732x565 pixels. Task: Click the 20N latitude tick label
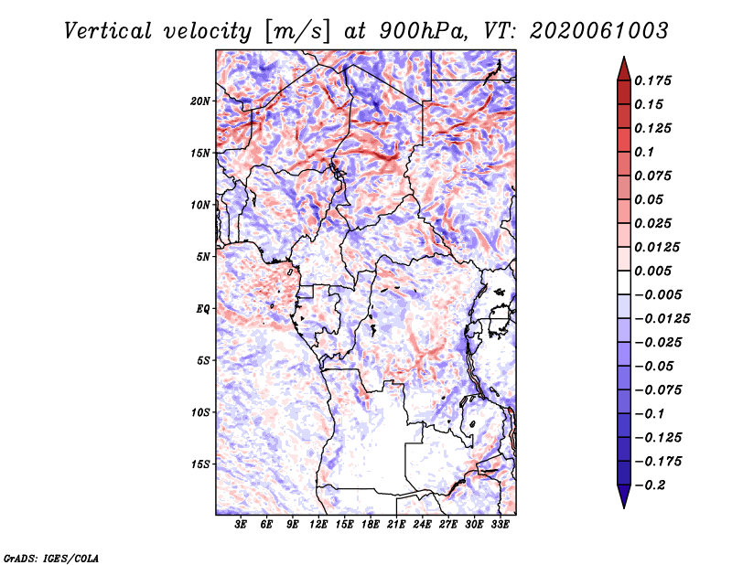point(200,101)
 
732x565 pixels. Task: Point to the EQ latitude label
point(203,309)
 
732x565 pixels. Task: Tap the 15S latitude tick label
point(200,464)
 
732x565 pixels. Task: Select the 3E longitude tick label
point(241,524)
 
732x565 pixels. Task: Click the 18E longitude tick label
point(370,524)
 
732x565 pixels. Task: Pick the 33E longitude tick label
point(500,524)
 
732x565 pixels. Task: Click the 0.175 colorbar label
point(652,80)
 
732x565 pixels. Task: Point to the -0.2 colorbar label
point(650,485)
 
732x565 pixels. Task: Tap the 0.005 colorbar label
point(652,271)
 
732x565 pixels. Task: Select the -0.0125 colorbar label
point(662,319)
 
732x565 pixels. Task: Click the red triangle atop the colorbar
point(624,69)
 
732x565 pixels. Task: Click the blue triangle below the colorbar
point(624,496)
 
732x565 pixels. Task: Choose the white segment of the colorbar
point(624,282)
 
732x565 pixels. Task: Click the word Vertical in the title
point(108,31)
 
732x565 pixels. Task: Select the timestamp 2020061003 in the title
point(599,31)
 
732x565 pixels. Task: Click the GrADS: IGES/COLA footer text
point(51,558)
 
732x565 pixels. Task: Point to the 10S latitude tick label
point(200,412)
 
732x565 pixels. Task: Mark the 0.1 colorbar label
point(644,152)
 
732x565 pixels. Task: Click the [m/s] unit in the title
point(297,31)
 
